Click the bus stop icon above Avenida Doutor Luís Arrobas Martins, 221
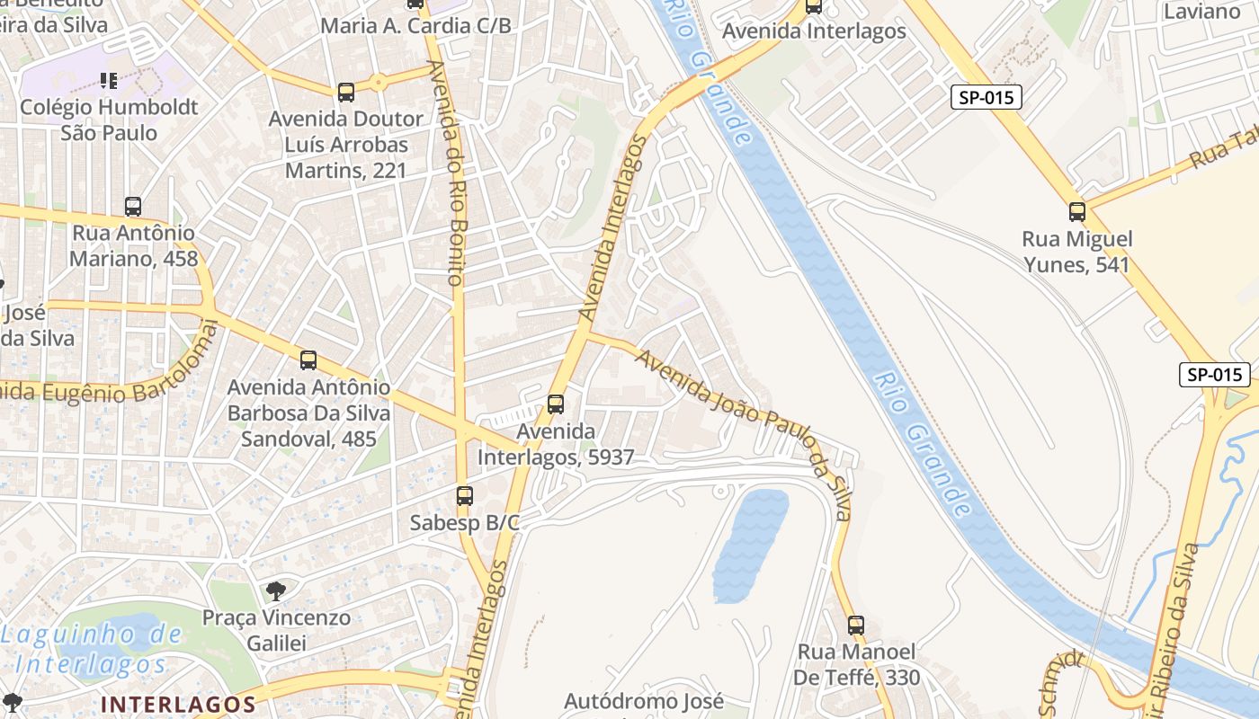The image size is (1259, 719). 346,92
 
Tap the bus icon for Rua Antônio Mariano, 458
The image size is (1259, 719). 133,207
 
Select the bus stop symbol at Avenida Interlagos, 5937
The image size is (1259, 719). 556,404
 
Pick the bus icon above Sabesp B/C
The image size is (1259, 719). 464,495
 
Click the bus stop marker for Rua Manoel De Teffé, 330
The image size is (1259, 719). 856,625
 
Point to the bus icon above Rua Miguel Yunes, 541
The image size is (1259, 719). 1076,212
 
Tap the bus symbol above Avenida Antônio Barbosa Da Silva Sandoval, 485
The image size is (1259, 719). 308,360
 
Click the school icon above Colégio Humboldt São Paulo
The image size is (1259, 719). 109,81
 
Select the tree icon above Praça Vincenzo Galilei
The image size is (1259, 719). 275,590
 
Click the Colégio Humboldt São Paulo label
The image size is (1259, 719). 109,120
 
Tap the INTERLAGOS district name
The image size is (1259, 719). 179,704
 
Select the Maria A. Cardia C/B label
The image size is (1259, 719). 415,26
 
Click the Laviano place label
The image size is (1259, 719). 1201,12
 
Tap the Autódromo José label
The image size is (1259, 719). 644,701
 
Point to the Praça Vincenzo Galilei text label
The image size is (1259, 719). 276,630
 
